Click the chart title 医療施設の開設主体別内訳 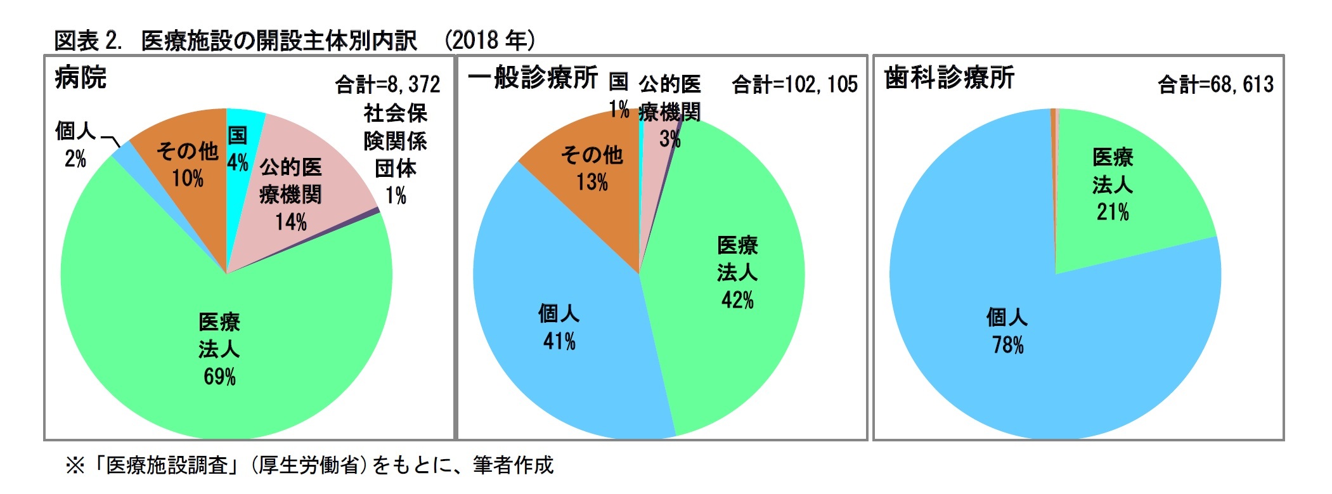click(279, 41)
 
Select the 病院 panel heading click(81, 78)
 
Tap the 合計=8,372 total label click(387, 84)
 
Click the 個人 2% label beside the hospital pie click(75, 145)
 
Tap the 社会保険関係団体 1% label click(395, 154)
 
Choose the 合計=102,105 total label click(794, 84)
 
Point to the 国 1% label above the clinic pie click(619, 95)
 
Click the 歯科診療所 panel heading click(949, 78)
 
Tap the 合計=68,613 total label click(1215, 84)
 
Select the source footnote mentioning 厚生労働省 click(309, 465)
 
